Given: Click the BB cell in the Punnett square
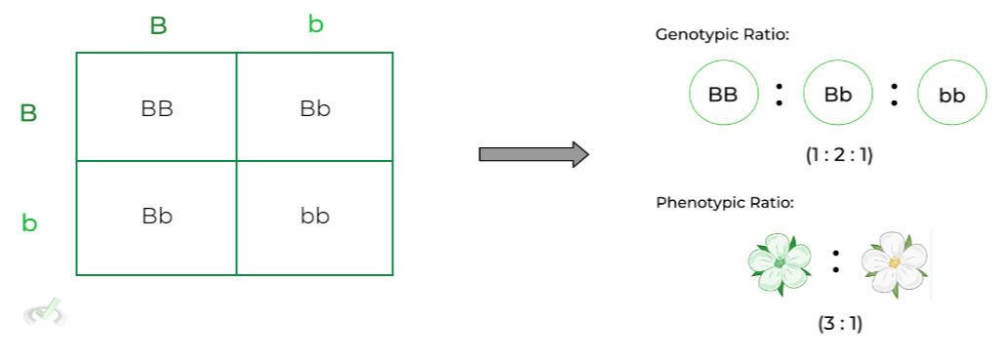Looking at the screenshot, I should click(156, 107).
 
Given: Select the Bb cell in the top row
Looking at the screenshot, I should click(315, 107).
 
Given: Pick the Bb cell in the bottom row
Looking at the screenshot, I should click(156, 216).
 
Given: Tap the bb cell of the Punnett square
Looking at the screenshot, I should click(315, 216).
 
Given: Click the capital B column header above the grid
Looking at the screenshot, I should click(158, 26).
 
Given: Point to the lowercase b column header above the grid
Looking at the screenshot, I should click(315, 24).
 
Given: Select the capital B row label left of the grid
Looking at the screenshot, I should click(28, 113).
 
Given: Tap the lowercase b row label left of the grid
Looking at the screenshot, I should click(29, 222).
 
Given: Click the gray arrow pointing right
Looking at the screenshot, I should click(533, 154).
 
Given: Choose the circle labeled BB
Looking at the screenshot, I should click(723, 94).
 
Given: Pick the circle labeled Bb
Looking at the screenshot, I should click(837, 94).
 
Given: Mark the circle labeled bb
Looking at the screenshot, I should click(951, 94).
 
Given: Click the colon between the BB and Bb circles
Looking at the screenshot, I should click(780, 94).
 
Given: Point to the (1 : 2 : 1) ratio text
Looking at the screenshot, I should click(839, 154).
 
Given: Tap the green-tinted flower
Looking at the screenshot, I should click(779, 264).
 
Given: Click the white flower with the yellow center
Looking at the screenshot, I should click(894, 264).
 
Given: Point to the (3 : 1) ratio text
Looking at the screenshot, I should click(839, 324).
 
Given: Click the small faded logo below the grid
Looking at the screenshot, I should click(45, 311).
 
